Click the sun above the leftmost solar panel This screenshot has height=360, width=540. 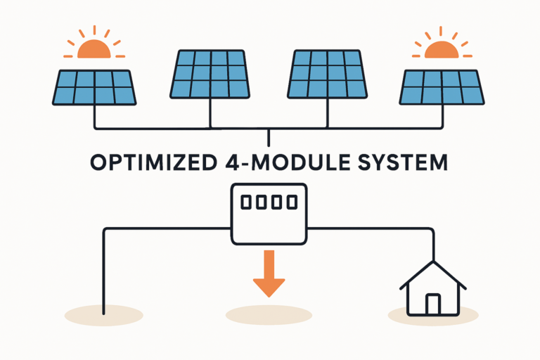point(94,48)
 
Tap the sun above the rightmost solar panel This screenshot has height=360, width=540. point(442,48)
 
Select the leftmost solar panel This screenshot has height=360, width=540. point(94,87)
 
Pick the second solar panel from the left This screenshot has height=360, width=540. point(209,74)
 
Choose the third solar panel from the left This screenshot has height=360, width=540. point(328,74)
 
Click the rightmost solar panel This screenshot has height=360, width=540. point(442,87)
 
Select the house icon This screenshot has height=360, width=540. point(432,288)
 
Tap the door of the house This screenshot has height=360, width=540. point(432,304)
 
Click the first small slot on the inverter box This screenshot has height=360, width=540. point(245,202)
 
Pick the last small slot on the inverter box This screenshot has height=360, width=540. point(292,202)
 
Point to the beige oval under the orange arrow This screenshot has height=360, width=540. point(268,314)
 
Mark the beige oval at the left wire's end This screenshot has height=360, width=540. point(103,314)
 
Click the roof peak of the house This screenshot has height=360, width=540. point(432,262)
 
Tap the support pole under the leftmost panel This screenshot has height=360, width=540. point(95,117)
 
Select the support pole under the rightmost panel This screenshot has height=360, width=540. point(442,117)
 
